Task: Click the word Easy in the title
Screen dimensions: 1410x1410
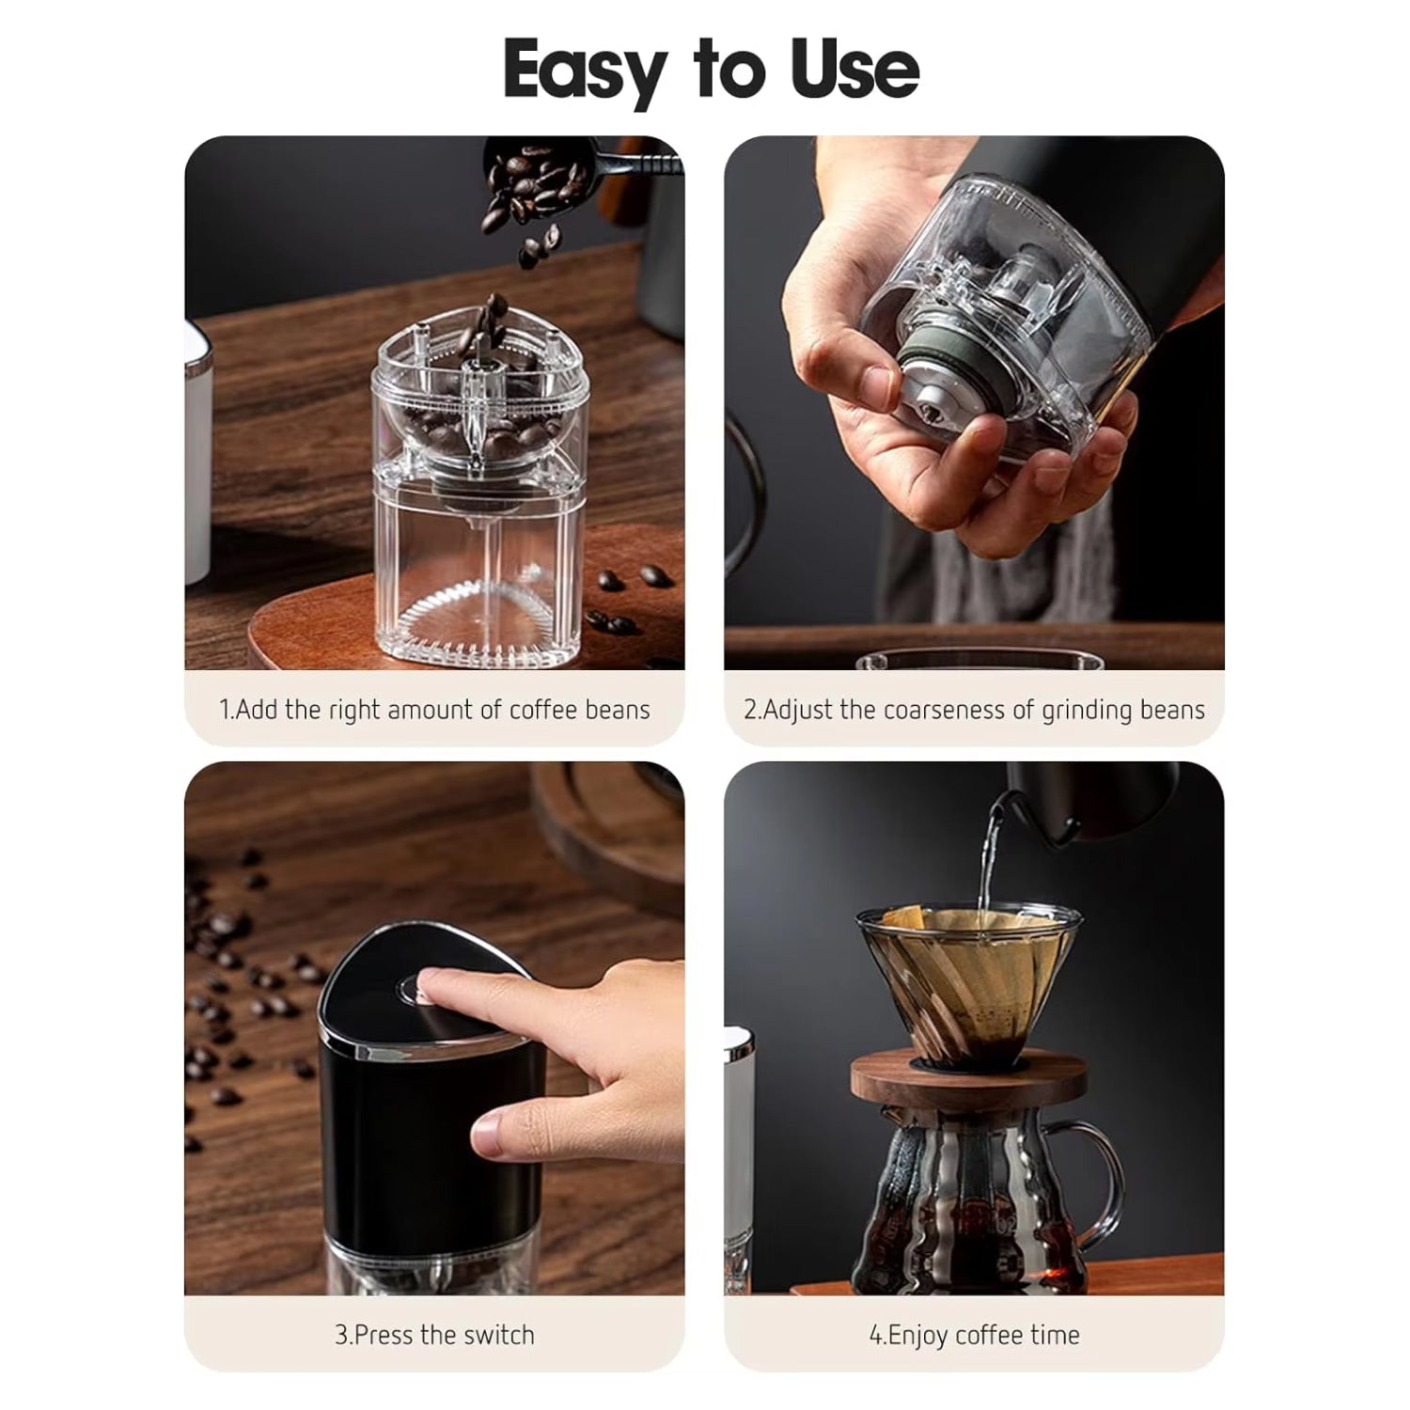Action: coord(584,70)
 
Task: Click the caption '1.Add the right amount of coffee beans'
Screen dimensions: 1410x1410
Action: coord(434,710)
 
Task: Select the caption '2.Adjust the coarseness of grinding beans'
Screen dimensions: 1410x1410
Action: coord(974,710)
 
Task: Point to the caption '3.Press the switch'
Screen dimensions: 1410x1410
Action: coord(434,1335)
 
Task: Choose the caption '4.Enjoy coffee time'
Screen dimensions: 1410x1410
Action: coord(974,1335)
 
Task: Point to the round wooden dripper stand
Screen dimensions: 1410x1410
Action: coord(963,1079)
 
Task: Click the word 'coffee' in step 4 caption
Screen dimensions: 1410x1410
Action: coord(990,1335)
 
